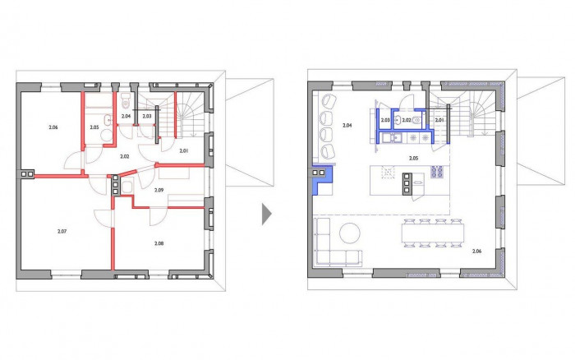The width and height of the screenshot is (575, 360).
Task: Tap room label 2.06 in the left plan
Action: click(53, 127)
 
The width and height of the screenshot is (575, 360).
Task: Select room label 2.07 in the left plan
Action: click(62, 233)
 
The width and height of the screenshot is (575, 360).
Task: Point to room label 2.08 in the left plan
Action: click(159, 243)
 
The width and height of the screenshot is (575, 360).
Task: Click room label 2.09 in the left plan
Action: click(159, 190)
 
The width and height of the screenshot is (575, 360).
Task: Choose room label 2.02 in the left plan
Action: click(125, 155)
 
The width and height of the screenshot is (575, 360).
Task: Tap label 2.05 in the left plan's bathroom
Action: click(94, 127)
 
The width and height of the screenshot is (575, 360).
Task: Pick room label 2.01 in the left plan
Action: click(183, 150)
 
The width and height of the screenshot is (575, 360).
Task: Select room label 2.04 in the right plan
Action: click(347, 126)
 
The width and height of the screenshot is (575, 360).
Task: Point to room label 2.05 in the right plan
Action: click(413, 155)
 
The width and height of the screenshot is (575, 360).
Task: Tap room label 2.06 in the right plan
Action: click(477, 251)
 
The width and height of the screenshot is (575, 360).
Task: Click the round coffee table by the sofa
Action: click(350, 233)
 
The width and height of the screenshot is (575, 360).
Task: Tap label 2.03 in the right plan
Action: click(384, 120)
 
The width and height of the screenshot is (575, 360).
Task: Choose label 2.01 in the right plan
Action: click(439, 120)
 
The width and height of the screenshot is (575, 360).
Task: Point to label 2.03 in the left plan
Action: click(146, 117)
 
